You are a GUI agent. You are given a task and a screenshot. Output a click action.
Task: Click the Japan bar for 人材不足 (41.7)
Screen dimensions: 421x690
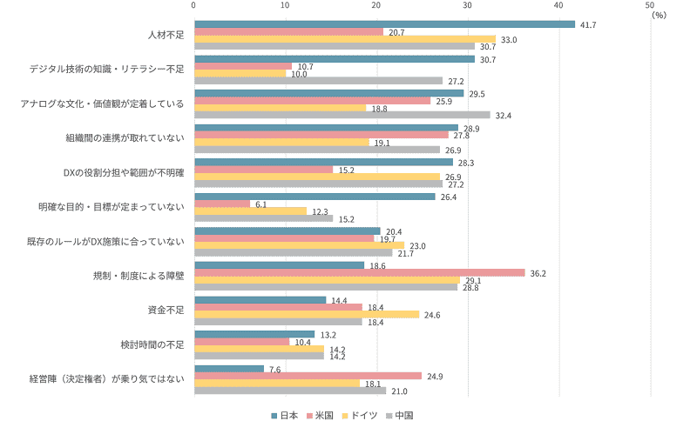pyautogui.click(x=383, y=24)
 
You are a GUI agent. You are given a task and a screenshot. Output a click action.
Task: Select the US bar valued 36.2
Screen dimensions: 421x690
pyautogui.click(x=359, y=272)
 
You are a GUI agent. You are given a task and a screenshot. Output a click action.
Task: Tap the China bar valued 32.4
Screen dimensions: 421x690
pyautogui.click(x=342, y=114)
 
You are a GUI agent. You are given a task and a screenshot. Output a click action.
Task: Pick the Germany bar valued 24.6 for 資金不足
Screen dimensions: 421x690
pyautogui.click(x=306, y=314)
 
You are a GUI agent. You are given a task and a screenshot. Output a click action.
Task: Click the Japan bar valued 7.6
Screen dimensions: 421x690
pyautogui.click(x=228, y=368)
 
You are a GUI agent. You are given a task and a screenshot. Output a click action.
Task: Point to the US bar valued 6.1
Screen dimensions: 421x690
pyautogui.click(x=221, y=204)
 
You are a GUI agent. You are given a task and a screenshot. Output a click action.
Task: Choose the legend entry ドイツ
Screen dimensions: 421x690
pyautogui.click(x=364, y=415)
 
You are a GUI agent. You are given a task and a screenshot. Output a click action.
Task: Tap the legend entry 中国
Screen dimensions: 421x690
pyautogui.click(x=402, y=415)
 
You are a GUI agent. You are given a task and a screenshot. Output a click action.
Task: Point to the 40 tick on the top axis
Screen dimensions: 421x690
pyautogui.click(x=560, y=5)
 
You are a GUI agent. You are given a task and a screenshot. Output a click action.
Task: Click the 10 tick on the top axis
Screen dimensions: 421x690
pyautogui.click(x=285, y=5)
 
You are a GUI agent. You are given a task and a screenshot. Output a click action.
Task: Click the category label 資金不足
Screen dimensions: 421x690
pyautogui.click(x=166, y=310)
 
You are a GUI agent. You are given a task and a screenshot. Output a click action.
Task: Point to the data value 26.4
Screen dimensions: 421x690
pyautogui.click(x=448, y=197)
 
